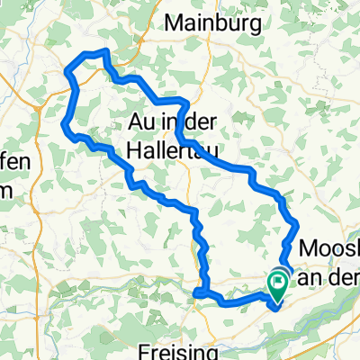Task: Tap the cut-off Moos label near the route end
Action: [328, 247]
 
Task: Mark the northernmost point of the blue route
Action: [105, 51]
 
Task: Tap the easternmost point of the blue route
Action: [298, 224]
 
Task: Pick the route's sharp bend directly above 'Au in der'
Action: [184, 101]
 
